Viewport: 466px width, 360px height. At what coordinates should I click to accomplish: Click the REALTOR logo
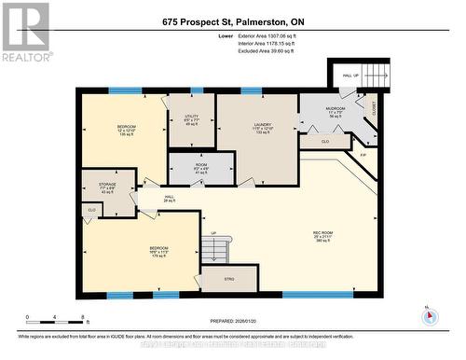[25, 32]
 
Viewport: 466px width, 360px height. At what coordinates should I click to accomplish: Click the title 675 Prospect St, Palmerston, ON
[232, 21]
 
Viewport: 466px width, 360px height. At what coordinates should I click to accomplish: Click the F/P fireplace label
[363, 153]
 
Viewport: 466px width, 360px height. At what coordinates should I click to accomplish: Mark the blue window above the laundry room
[251, 90]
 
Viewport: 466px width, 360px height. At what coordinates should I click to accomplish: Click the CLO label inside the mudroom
[325, 142]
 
